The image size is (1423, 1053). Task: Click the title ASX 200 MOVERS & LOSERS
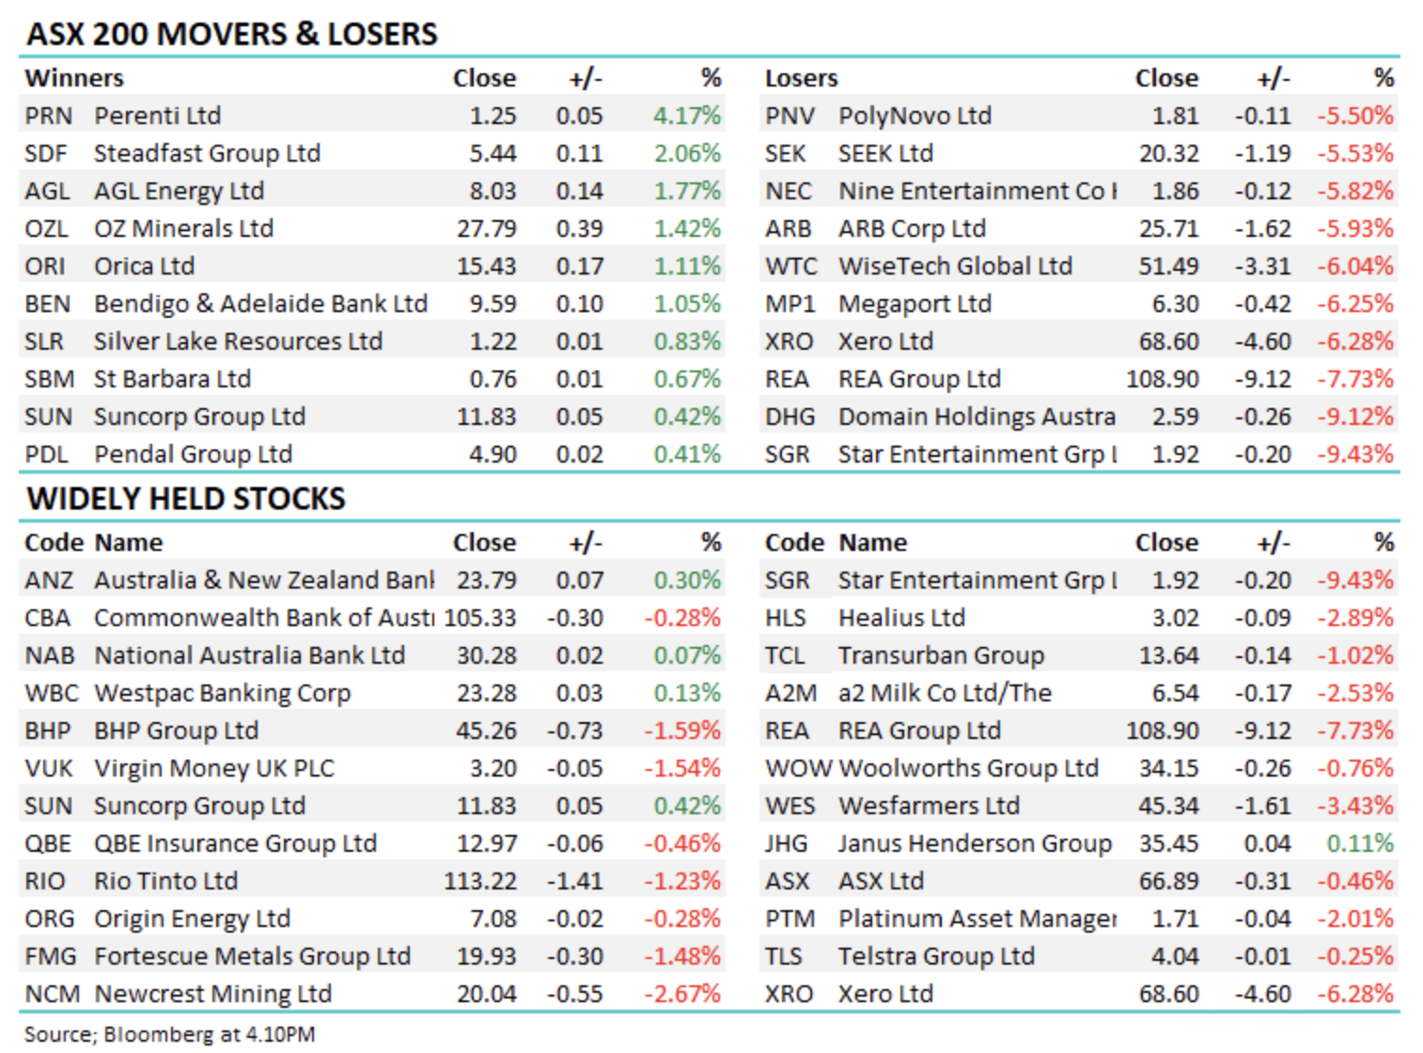232,34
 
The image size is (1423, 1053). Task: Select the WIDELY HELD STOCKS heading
186,498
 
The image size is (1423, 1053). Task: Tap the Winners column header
74,78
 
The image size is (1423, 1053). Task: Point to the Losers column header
801,78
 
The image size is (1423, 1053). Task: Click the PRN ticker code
48,116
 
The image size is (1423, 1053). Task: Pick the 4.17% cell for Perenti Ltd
687,116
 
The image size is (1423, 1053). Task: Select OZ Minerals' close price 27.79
486,228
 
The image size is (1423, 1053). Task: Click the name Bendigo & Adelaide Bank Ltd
260,304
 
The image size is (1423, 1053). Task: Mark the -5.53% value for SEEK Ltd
1354,153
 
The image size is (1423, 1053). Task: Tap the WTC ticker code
790,266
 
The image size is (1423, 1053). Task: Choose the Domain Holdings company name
977,416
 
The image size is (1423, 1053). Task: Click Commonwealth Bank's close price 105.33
480,618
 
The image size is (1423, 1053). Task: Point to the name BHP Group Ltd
176,731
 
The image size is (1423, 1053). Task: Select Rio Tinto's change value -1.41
574,881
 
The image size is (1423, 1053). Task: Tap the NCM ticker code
52,994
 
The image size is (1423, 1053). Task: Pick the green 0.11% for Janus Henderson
1359,843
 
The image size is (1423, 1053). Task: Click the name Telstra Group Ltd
936,956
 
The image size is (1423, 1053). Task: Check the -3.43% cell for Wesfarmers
1354,806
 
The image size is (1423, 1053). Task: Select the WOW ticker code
798,768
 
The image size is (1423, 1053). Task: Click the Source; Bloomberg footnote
169,1034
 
